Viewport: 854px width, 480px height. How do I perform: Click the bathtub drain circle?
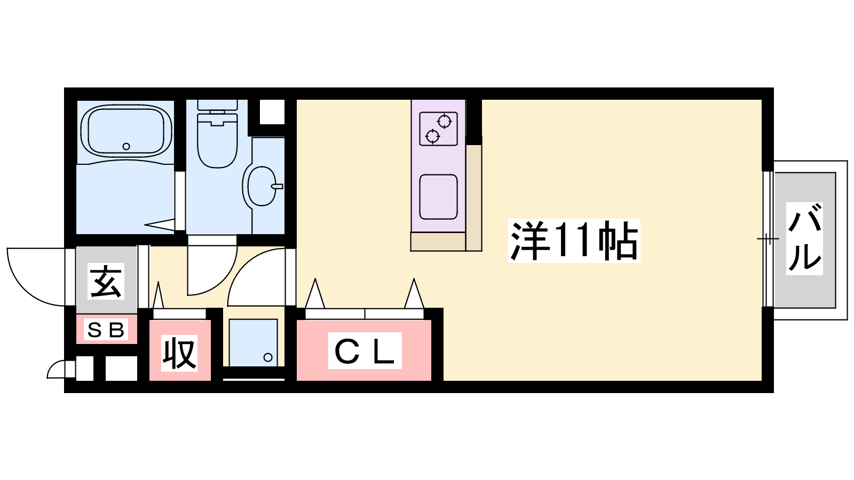coord(126,146)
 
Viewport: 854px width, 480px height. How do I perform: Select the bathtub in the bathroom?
coord(126,131)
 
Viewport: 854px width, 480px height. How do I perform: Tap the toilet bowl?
coord(217,140)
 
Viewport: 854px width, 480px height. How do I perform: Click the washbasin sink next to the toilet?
coord(262,186)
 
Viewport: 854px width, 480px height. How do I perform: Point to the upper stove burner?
coord(445,122)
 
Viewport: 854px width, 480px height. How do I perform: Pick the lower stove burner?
coord(432,135)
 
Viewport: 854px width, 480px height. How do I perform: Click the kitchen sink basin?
coord(438,197)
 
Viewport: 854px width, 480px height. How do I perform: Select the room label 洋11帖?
coord(574,241)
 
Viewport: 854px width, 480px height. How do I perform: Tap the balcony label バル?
coord(804,238)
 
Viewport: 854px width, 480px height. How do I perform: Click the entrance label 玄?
coord(106,281)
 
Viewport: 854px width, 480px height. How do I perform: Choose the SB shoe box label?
coord(106,330)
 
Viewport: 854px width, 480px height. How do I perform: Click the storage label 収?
coord(179,353)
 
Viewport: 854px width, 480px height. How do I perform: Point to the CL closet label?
coord(365,350)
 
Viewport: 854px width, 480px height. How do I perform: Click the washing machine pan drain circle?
coord(268,357)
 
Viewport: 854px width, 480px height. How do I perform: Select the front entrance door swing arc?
coord(36,277)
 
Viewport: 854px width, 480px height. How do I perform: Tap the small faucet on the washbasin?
coord(277,186)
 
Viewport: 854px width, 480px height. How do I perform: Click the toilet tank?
coord(217,106)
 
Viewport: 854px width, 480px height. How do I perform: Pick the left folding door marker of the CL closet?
coord(315,293)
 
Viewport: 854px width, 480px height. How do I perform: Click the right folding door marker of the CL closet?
coord(414,293)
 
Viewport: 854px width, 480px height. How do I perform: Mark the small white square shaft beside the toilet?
coord(272,111)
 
